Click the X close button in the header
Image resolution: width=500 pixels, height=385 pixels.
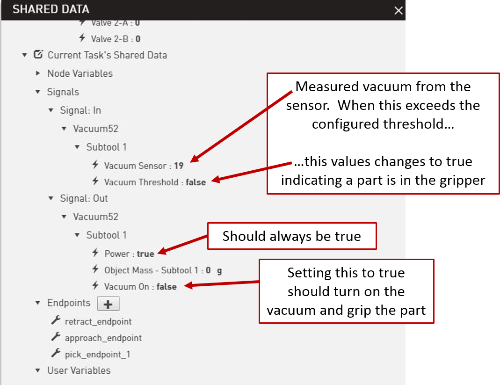point(399,11)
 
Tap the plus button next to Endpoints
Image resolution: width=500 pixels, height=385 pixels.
point(108,304)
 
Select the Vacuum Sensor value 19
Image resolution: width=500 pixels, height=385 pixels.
point(179,166)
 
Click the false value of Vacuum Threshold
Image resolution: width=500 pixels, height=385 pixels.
point(196,182)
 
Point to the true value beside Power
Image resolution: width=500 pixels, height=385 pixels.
point(145,254)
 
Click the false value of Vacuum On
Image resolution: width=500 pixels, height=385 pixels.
point(167,287)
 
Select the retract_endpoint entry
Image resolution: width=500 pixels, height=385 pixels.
point(98,321)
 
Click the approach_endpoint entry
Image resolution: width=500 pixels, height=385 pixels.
point(103,338)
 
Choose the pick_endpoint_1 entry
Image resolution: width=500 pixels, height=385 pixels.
point(98,355)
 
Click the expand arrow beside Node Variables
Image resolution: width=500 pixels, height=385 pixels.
point(38,73)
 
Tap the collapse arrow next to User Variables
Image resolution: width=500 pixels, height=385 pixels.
point(38,370)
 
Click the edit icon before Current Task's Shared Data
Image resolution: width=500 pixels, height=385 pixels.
point(38,55)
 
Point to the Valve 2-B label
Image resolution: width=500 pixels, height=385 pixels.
point(110,39)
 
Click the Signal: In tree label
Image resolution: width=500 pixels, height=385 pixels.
point(80,110)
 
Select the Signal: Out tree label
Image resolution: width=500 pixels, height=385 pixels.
point(84,198)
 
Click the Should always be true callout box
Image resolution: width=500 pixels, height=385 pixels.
point(292,236)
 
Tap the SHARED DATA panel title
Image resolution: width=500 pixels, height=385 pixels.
point(51,9)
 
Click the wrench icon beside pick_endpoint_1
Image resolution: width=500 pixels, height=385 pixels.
point(56,353)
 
